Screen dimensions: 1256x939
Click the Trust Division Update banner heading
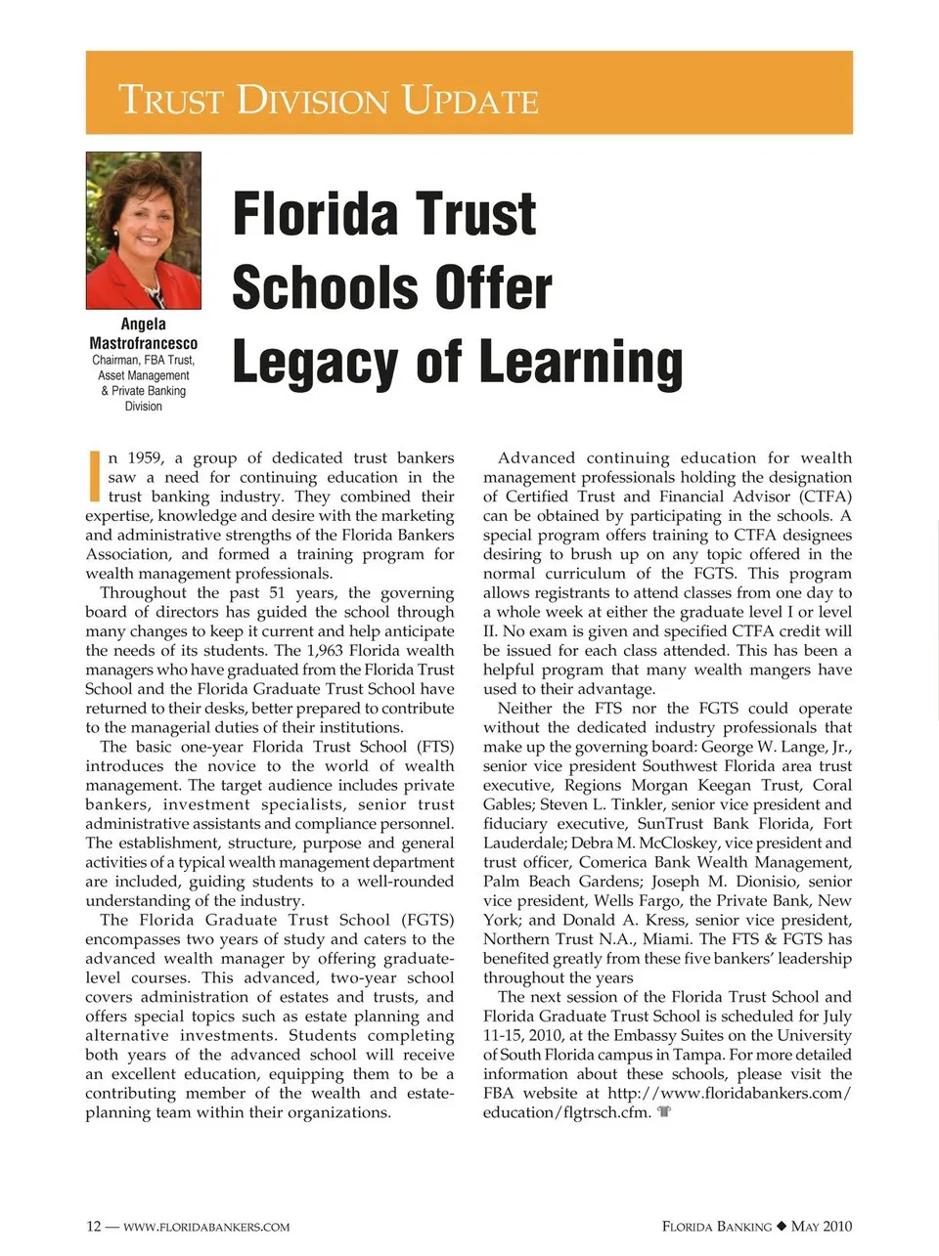pyautogui.click(x=329, y=100)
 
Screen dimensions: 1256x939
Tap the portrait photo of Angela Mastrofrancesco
pyautogui.click(x=144, y=231)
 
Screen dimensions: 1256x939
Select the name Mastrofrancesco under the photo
pyautogui.click(x=144, y=343)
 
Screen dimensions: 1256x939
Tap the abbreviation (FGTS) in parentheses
pyautogui.click(x=427, y=920)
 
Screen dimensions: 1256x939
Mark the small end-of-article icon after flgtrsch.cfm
pyautogui.click(x=664, y=1112)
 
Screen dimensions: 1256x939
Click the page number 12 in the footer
pyautogui.click(x=93, y=1227)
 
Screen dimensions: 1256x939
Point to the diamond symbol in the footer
pyautogui.click(x=781, y=1227)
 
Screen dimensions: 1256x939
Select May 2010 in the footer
pyautogui.click(x=822, y=1227)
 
